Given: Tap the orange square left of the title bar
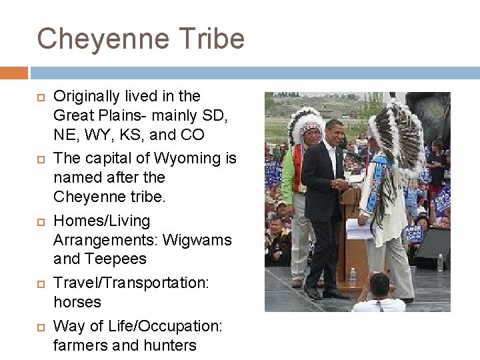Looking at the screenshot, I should click(13, 72).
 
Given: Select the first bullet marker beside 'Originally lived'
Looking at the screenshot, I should click(41, 97).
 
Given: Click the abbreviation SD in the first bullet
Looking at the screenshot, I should click(214, 115).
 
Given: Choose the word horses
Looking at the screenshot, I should click(77, 302).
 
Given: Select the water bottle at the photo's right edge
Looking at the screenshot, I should click(440, 262).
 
